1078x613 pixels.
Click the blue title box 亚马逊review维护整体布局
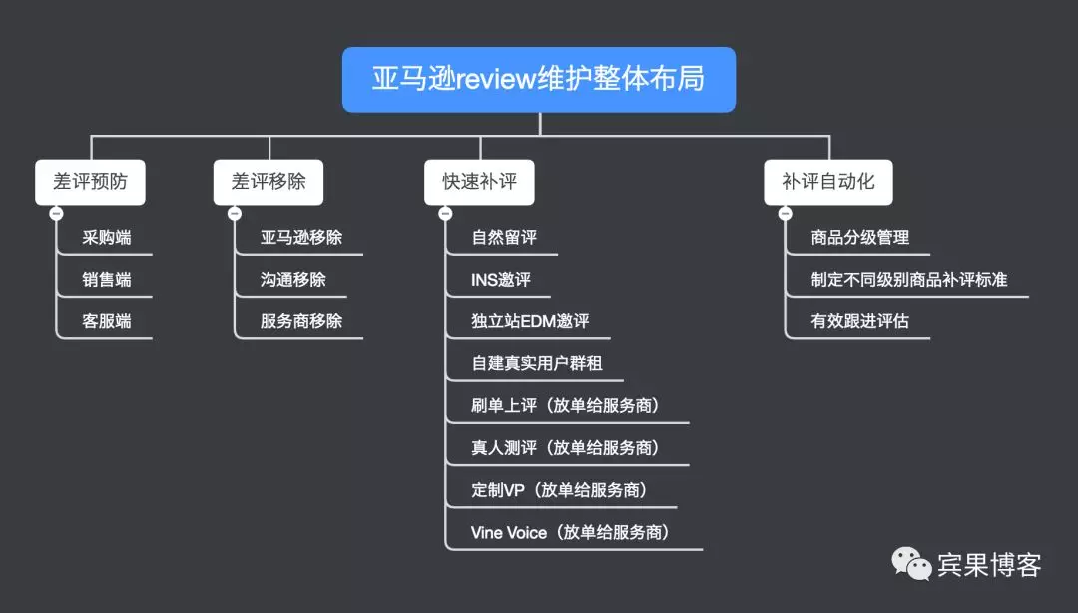coord(539,79)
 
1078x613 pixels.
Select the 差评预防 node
coord(90,182)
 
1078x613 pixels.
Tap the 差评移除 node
coord(269,182)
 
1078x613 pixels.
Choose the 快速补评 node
coord(479,182)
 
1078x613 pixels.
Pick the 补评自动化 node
coord(828,182)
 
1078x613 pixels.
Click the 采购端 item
coord(107,238)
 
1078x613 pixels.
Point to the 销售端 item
coord(107,280)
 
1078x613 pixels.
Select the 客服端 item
coord(107,321)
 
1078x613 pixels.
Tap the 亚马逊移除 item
coord(301,238)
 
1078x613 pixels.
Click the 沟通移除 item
coord(293,280)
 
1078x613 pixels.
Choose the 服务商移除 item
coord(301,321)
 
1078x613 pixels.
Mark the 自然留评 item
coord(504,238)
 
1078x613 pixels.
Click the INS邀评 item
coord(501,280)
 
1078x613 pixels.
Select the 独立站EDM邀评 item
coord(530,321)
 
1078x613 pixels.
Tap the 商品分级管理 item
coord(860,238)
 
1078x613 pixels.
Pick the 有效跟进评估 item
coord(860,321)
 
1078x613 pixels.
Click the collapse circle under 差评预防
coord(56,213)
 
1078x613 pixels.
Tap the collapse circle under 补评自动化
coord(785,213)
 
